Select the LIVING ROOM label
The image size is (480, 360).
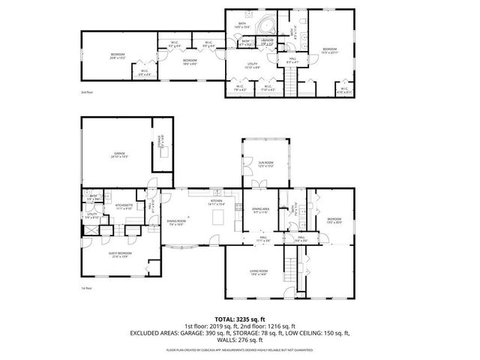coord(259,274)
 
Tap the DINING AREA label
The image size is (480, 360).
coord(260,212)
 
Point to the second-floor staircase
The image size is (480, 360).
coord(289,78)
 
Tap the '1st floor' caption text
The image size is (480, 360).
coord(86,288)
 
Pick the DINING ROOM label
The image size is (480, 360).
coord(177,222)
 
